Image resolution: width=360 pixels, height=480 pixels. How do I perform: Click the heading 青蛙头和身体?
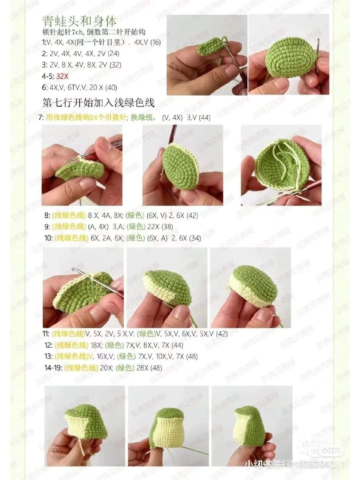tap(79, 21)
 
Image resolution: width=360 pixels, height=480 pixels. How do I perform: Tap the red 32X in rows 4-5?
tap(62, 76)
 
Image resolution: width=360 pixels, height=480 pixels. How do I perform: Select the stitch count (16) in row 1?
tap(156, 42)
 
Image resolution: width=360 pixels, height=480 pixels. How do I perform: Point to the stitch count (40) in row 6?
tap(111, 87)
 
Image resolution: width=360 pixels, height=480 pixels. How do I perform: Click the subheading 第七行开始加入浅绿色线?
tap(98, 102)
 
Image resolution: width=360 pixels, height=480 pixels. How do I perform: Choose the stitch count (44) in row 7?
tap(204, 117)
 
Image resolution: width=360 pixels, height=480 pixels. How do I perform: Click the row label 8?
tap(47, 215)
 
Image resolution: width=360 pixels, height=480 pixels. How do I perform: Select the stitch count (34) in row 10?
tap(195, 238)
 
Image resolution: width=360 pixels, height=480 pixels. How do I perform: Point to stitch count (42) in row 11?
tap(222, 333)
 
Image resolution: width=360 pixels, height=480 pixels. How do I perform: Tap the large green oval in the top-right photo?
tap(287, 60)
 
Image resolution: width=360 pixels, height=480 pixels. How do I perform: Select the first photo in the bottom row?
tap(85, 426)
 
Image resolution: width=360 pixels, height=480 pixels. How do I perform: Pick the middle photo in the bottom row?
tap(168, 426)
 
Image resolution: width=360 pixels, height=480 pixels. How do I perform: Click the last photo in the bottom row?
tap(252, 426)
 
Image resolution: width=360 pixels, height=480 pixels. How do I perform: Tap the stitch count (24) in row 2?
tap(113, 53)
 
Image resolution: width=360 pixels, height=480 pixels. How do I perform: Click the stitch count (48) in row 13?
tap(192, 356)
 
